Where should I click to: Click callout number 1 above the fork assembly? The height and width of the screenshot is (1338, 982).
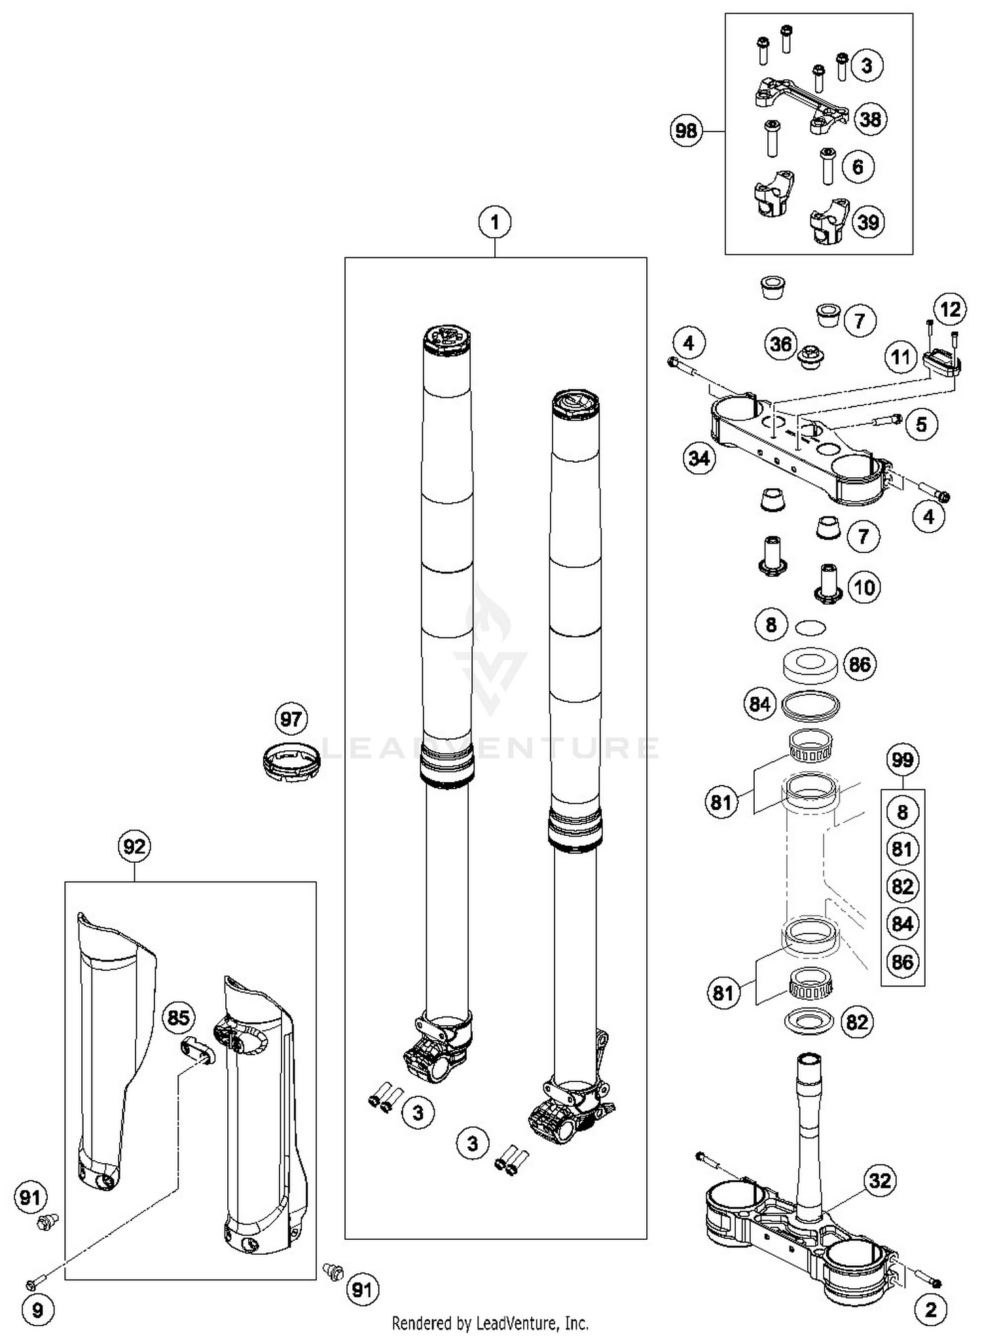point(495,223)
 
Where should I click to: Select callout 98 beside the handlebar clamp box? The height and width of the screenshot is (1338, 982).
point(686,131)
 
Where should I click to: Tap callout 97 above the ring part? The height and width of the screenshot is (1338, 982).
point(291,719)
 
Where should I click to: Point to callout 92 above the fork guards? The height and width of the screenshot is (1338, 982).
point(134,846)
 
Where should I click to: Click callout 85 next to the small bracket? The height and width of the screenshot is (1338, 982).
point(178,1017)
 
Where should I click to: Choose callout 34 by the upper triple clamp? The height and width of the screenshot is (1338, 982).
point(699,458)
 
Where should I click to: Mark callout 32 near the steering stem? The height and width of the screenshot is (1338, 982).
point(880,1180)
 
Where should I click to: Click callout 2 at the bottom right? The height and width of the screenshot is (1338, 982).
point(931,1309)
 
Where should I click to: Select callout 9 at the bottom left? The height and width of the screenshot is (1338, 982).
point(37,1309)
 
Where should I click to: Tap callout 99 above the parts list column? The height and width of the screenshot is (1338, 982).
point(902,759)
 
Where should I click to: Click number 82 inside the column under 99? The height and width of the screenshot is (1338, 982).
point(902,886)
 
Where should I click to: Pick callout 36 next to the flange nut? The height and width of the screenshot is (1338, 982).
point(780,344)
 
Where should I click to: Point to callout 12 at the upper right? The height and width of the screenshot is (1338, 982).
point(950,309)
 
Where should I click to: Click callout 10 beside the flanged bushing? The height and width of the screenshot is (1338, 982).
point(864,587)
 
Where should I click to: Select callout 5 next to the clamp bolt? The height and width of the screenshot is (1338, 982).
point(921,424)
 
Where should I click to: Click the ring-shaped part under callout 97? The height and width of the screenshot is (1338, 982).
point(291,761)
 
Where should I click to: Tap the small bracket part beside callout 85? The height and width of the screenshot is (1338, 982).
point(197,1051)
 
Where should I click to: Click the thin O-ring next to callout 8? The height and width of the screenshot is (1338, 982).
point(810,627)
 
